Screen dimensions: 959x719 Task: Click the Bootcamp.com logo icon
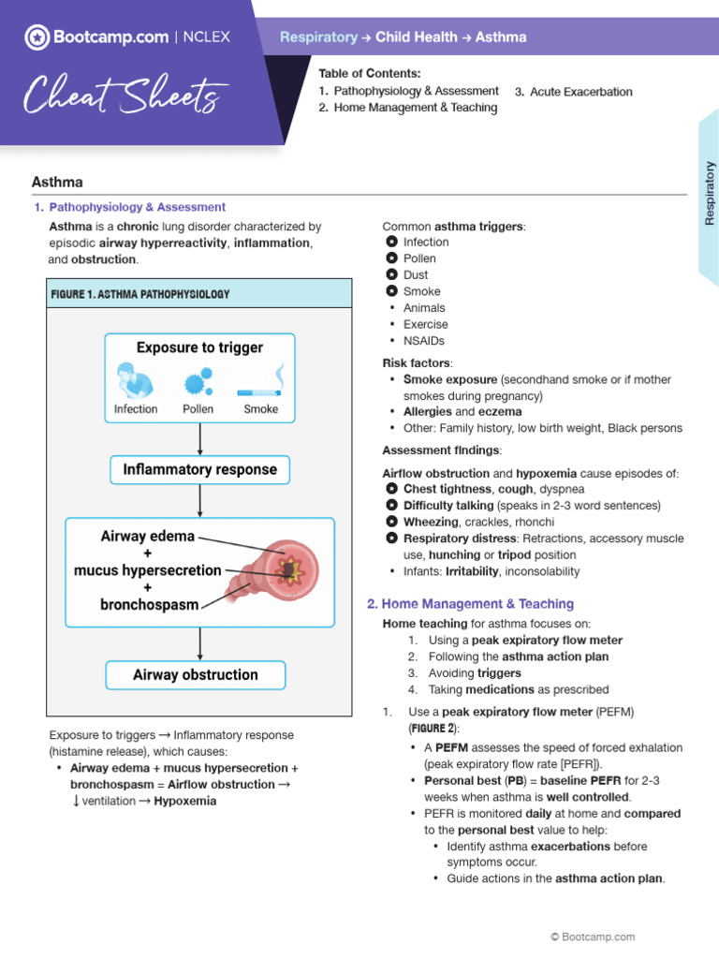point(37,37)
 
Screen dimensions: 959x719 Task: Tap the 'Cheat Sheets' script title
point(125,96)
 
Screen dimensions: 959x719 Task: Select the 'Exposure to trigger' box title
point(199,347)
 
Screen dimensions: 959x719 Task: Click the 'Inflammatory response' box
point(199,469)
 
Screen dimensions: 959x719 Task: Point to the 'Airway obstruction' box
point(196,674)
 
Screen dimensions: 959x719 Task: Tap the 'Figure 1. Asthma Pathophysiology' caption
point(140,294)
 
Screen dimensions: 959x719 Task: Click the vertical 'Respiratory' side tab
point(709,194)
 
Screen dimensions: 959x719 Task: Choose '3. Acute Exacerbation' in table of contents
point(574,92)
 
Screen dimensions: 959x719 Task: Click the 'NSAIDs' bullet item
point(424,341)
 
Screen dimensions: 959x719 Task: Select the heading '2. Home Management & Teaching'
point(470,604)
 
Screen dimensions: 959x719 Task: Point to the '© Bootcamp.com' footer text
point(593,937)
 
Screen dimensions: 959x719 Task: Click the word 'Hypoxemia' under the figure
point(184,801)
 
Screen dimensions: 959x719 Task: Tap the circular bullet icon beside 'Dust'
point(392,274)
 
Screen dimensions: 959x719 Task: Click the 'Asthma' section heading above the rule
point(57,182)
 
